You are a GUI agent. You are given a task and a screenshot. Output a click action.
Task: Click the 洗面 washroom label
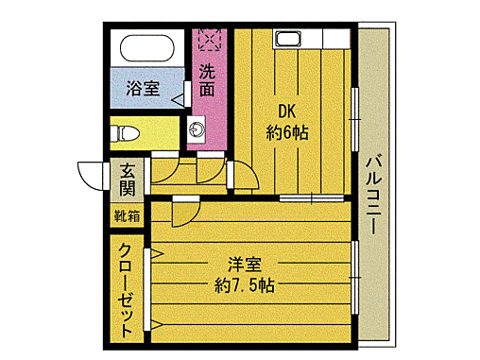(207, 79)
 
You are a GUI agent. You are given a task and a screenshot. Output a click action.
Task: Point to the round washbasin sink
(199, 128)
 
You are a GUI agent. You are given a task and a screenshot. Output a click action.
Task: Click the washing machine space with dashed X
(208, 42)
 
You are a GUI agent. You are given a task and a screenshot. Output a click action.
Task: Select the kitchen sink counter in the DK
(287, 40)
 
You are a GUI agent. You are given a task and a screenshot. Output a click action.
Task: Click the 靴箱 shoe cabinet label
(127, 215)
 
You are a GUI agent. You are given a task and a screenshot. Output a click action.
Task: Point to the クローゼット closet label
(126, 289)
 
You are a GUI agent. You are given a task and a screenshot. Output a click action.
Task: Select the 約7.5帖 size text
(244, 285)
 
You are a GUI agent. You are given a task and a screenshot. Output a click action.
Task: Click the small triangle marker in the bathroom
(179, 95)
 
